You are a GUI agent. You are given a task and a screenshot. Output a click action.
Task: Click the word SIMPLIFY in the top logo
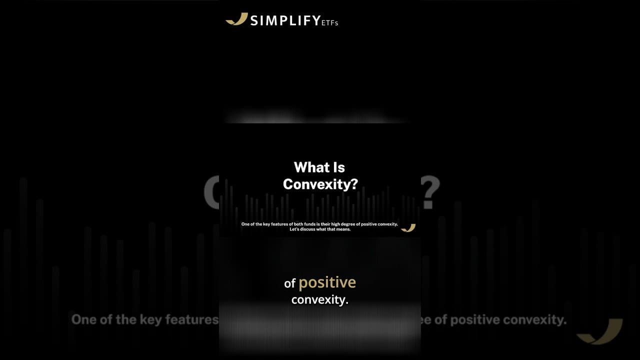tap(285, 20)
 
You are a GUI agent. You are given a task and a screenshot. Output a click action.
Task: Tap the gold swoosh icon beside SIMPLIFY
tap(237, 19)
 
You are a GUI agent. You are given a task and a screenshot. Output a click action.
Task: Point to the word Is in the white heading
tap(339, 167)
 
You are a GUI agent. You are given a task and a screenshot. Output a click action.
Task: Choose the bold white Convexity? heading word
tap(320, 184)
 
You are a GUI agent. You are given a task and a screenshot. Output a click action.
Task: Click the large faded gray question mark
tap(430, 192)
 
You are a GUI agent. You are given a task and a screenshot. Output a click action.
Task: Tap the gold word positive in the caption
tap(327, 282)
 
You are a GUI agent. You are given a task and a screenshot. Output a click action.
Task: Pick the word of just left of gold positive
tap(290, 283)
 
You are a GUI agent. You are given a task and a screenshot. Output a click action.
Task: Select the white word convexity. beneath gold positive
tap(319, 300)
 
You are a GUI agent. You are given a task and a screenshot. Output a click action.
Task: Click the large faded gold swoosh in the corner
tap(599, 331)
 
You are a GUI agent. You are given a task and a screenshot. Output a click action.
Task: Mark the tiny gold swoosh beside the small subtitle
tap(408, 228)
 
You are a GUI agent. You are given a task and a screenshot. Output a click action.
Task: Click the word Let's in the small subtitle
tap(294, 229)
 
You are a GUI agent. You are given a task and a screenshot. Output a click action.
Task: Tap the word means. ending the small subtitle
tap(344, 229)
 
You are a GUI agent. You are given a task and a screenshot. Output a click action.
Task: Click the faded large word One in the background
tap(83, 320)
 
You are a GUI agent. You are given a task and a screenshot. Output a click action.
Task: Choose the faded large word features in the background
tap(192, 320)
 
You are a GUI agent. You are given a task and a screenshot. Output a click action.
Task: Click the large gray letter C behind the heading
tap(212, 192)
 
